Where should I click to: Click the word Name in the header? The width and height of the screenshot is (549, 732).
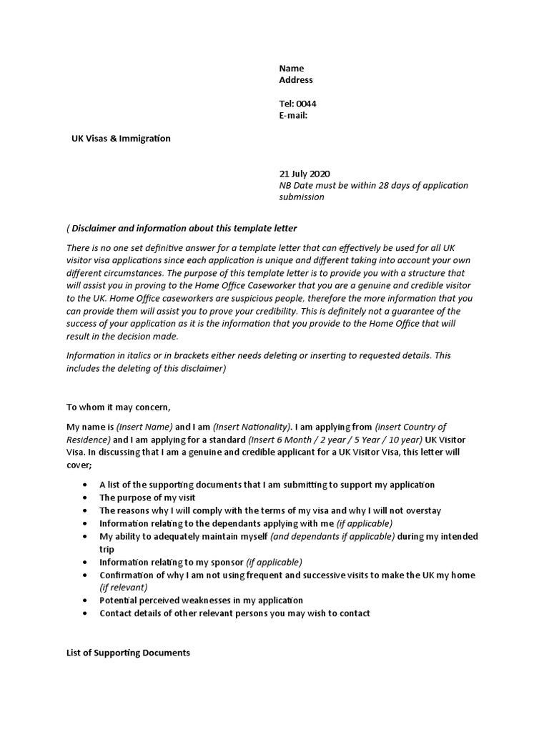click(x=291, y=69)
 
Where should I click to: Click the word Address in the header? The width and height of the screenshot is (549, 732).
click(x=295, y=80)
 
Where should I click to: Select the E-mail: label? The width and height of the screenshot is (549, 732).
click(x=293, y=115)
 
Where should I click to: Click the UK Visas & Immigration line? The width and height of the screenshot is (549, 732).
click(x=121, y=139)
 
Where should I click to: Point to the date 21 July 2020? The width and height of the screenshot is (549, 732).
click(x=305, y=174)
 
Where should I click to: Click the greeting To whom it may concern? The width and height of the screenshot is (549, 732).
click(x=119, y=407)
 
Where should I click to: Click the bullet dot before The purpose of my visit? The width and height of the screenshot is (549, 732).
click(x=84, y=498)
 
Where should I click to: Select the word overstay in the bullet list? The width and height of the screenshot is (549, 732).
click(x=422, y=510)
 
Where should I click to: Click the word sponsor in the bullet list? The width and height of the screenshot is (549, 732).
click(x=227, y=562)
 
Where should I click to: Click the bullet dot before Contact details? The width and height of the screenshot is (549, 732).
click(x=84, y=613)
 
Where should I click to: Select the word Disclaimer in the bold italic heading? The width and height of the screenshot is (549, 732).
click(x=96, y=229)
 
